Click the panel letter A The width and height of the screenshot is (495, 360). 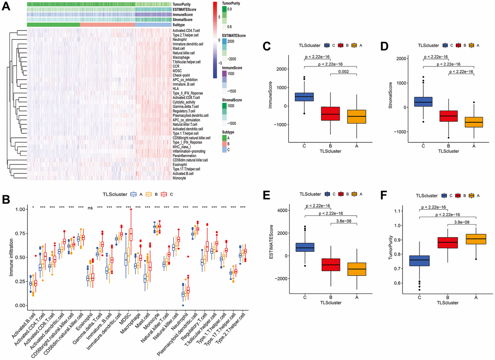click(7, 8)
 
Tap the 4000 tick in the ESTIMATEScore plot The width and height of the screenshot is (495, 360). click(283, 211)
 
